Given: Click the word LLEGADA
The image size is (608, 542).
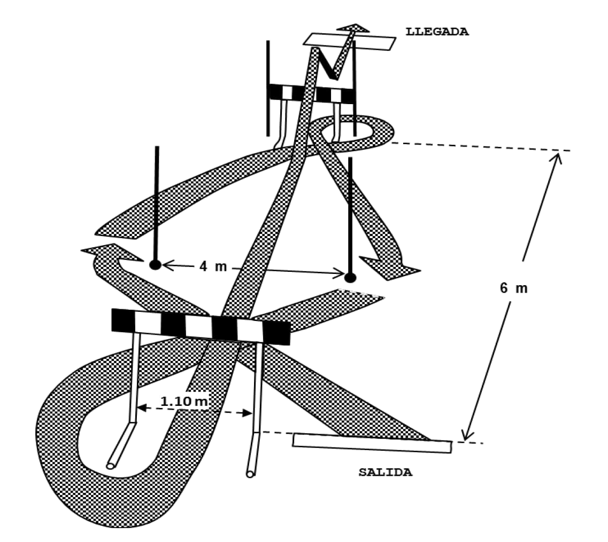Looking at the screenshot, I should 437,31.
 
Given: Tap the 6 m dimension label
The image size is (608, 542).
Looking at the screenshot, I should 514,289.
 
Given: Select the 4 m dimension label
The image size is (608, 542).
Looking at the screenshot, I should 213,266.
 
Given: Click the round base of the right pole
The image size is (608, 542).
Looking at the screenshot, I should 350,277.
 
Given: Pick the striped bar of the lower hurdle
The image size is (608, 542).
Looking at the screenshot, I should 200,325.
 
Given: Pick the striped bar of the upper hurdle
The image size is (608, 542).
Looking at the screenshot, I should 311,94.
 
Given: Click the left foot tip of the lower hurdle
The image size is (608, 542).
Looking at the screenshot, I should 111,466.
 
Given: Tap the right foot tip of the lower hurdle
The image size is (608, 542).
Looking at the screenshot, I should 250,474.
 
